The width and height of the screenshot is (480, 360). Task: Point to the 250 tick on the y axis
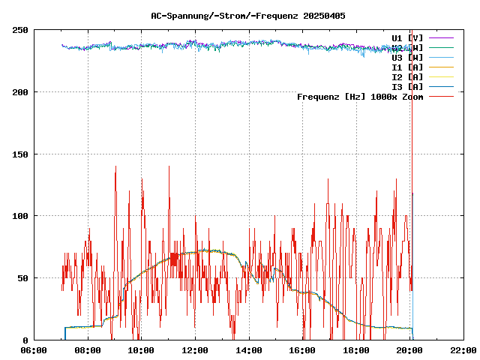tap(20, 30)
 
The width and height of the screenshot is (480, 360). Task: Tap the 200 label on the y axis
tap(20, 92)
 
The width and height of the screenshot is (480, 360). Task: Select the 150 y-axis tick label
tap(20, 154)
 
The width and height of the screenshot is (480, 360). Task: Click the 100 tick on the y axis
tap(20, 216)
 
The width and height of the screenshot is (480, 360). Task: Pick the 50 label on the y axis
tap(22, 278)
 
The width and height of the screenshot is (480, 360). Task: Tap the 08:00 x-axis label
tap(88, 350)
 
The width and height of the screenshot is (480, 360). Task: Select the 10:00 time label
tap(141, 350)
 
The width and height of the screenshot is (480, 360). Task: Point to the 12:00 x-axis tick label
tap(195, 350)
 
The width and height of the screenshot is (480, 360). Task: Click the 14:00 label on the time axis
tap(248, 350)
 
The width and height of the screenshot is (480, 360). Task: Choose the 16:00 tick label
tap(302, 350)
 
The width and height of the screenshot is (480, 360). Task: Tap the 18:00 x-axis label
tap(355, 350)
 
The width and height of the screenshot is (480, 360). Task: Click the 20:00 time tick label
tap(409, 350)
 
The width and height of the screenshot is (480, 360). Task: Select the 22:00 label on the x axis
tap(463, 350)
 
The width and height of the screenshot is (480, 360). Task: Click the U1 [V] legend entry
tap(407, 37)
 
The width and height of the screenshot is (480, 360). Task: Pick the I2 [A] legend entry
tap(407, 76)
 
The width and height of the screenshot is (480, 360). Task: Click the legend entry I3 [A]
tap(407, 86)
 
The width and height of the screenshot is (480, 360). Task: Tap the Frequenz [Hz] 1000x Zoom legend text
tap(360, 97)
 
